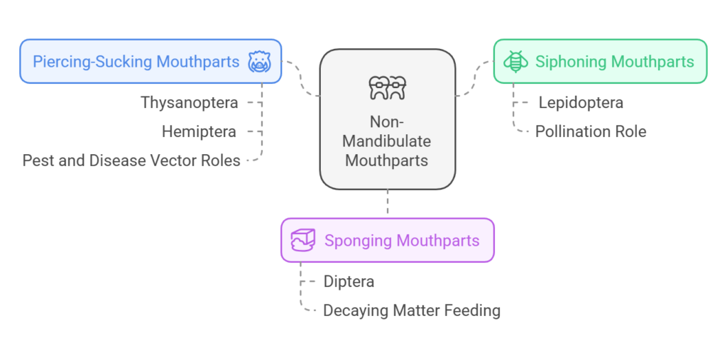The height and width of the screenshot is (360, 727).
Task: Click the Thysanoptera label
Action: [189, 102]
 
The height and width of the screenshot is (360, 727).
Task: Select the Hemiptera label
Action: [199, 131]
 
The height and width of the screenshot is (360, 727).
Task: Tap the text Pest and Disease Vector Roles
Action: [131, 160]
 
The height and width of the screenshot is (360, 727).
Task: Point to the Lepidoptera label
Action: [581, 102]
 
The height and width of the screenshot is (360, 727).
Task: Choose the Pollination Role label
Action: [591, 131]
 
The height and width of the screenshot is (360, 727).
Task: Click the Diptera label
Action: [349, 281]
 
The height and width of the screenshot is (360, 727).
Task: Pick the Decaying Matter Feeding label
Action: [411, 310]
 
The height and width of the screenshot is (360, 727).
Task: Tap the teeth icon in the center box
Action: [387, 88]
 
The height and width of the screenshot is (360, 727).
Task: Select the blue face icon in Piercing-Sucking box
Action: [259, 62]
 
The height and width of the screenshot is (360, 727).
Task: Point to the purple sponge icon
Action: [303, 241]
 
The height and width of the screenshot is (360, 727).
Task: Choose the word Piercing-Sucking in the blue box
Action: [92, 62]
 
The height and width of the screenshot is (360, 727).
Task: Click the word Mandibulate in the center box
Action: [387, 141]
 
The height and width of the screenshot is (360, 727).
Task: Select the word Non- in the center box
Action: [387, 121]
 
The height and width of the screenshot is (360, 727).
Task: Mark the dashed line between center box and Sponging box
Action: [387, 204]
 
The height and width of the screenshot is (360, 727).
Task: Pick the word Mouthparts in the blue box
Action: [198, 62]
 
